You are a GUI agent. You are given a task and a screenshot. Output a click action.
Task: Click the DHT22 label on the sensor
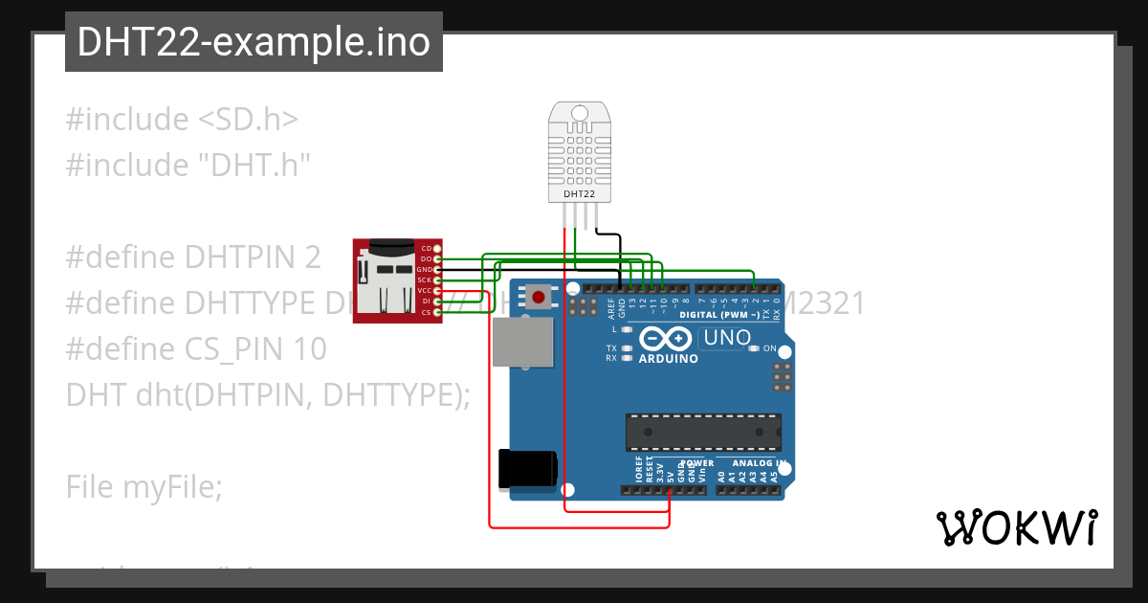click(579, 194)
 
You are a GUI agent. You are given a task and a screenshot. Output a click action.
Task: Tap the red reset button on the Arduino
click(539, 298)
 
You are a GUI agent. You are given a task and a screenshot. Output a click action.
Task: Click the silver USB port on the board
click(522, 343)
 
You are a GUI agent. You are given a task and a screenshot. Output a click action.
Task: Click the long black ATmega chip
click(703, 433)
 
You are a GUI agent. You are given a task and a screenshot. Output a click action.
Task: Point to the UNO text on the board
click(726, 338)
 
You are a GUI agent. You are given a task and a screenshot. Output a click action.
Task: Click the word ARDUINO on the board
click(668, 359)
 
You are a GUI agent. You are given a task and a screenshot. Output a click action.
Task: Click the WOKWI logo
click(1016, 527)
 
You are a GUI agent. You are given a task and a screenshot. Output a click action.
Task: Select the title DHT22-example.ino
click(254, 42)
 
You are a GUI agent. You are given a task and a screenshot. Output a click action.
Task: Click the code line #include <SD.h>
click(182, 120)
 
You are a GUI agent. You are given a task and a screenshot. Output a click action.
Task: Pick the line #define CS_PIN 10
click(196, 348)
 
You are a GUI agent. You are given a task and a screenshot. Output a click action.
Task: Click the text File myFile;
click(143, 487)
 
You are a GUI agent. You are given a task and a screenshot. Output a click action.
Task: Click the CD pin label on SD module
click(427, 249)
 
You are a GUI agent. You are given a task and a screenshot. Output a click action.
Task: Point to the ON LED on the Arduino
click(755, 348)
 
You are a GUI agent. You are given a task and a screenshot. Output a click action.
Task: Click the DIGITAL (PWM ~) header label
click(719, 314)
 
